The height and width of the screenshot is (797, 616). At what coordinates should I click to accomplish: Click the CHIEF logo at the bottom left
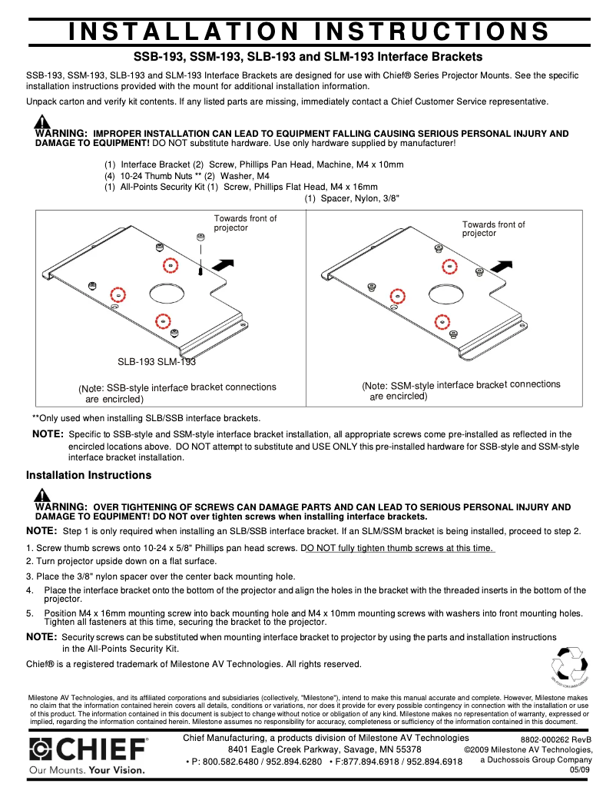pos(88,749)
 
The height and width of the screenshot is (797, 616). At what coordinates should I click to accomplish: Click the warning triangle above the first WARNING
pos(42,122)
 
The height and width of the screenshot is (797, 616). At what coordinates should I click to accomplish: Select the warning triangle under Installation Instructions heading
pos(42,495)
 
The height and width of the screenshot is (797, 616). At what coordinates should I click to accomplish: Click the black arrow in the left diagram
pos(222,265)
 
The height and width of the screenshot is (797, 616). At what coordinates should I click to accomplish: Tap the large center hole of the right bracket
pos(445,293)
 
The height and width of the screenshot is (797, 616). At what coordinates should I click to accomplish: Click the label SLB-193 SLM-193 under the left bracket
pos(156,361)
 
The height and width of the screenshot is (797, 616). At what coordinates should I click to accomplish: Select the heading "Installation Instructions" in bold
pos(88,475)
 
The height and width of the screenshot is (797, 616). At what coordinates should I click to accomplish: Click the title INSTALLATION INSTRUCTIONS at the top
pos(308,32)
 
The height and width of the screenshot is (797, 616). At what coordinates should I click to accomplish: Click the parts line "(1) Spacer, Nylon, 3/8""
pos(351,198)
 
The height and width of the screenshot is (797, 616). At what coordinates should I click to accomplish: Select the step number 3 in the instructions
pos(28,576)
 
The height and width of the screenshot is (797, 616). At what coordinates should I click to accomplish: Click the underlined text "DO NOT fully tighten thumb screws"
pos(399,548)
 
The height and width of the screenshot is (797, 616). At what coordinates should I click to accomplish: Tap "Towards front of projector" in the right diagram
pos(493,229)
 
